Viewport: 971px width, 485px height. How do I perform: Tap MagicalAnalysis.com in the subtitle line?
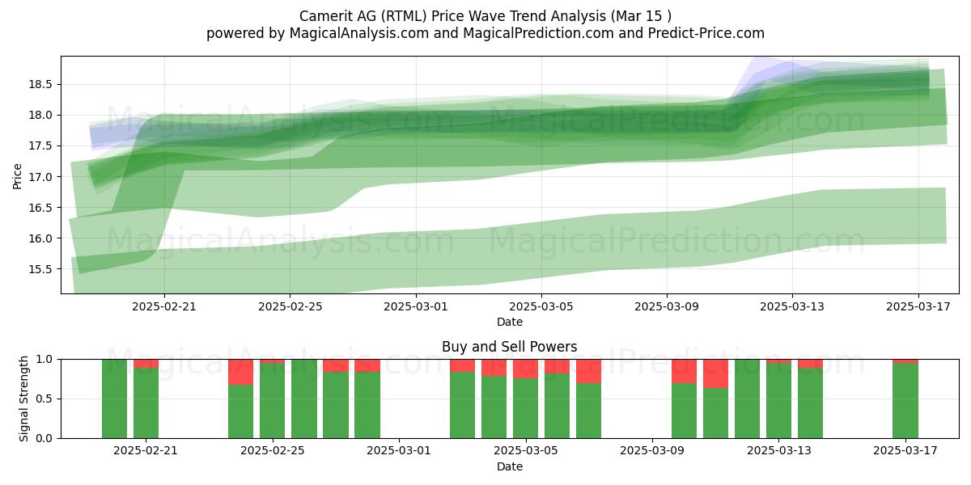pos(359,33)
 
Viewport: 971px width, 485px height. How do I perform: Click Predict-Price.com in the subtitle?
pos(706,33)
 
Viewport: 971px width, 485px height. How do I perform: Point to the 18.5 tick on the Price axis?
pos(40,84)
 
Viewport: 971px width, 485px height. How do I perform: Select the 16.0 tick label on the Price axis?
pos(40,238)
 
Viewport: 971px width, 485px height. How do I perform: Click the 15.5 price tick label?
pos(40,269)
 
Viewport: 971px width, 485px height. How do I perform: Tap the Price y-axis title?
pos(17,176)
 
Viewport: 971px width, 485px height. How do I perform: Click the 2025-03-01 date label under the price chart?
pos(416,306)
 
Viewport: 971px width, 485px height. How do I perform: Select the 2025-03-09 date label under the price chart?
pos(667,306)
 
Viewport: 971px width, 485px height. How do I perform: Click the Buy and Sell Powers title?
pos(509,347)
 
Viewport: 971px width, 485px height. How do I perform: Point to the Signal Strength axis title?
pos(23,399)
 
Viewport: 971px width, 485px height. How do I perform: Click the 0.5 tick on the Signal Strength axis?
pos(45,399)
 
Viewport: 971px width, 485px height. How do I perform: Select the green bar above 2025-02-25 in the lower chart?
pos(272,401)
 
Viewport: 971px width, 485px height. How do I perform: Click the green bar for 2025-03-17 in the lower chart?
pos(905,401)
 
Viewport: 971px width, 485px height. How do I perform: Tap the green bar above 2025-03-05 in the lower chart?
pos(525,408)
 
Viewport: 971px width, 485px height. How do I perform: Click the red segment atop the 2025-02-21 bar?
pos(146,364)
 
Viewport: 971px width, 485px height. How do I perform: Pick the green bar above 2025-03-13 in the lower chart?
pos(778,401)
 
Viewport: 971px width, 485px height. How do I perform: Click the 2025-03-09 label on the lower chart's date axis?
pos(652,451)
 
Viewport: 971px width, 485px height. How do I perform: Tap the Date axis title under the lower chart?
pos(509,466)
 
